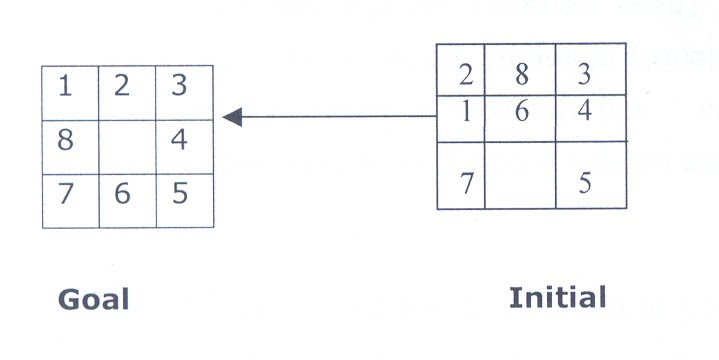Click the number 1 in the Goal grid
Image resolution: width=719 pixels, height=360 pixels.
(x=65, y=88)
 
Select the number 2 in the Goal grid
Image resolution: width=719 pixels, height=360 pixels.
(x=122, y=87)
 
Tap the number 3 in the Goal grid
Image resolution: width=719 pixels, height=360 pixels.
(x=179, y=86)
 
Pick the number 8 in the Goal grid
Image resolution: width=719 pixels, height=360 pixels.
(x=66, y=140)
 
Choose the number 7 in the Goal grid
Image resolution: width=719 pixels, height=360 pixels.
(x=66, y=193)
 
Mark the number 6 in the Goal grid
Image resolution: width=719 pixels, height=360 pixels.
(x=122, y=193)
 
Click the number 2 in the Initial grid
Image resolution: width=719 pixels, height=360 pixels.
(x=465, y=74)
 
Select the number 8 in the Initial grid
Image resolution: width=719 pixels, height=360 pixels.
(x=520, y=73)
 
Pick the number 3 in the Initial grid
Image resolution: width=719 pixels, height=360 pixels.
(x=585, y=73)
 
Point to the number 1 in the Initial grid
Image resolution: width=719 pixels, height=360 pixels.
(x=465, y=111)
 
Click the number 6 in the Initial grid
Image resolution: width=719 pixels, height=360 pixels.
(x=520, y=111)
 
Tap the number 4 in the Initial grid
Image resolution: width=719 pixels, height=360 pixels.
(x=585, y=111)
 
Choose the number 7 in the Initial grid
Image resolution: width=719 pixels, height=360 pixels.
(x=465, y=184)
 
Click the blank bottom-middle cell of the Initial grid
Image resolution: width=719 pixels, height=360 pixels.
(x=520, y=175)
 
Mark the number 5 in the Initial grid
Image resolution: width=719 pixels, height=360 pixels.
(x=585, y=184)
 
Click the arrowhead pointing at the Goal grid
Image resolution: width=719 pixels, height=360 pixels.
(x=232, y=118)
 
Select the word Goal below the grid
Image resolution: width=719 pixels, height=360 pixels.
(x=95, y=299)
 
